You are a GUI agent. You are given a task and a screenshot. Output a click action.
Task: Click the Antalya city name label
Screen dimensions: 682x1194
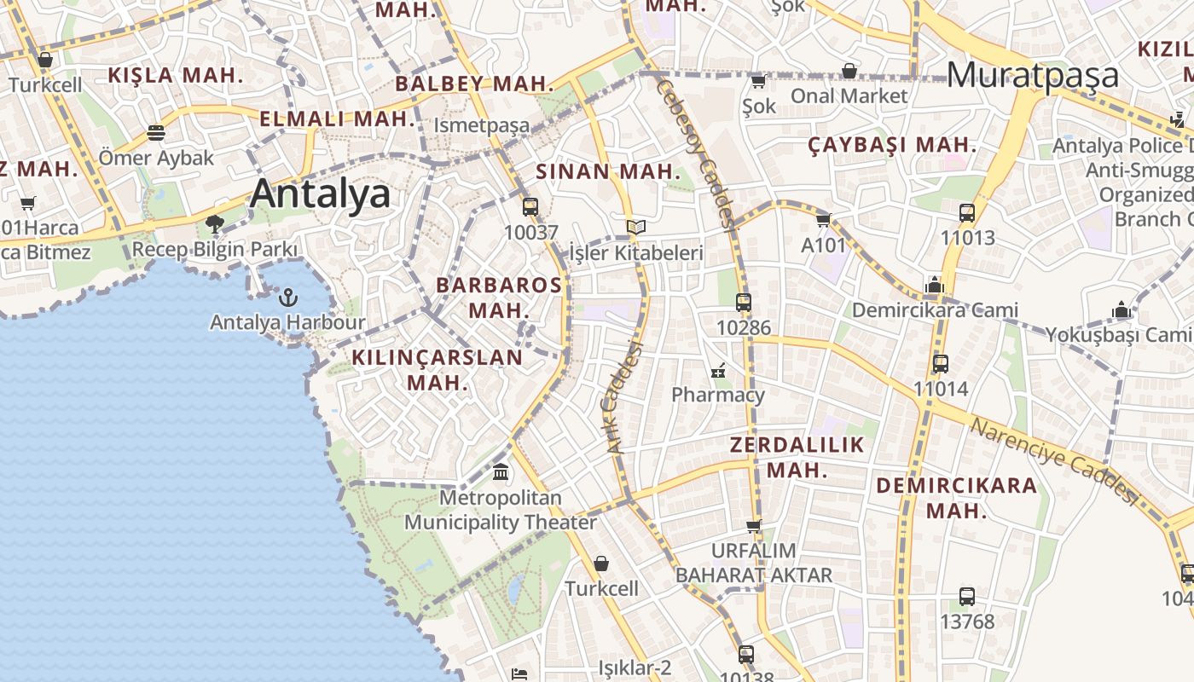[321, 194]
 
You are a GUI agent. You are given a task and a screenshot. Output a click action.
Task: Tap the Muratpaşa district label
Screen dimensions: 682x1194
[1032, 75]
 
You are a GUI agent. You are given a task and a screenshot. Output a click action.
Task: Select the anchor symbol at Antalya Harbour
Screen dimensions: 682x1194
[288, 298]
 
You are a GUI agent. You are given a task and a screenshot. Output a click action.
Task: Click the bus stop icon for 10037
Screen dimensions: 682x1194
[530, 206]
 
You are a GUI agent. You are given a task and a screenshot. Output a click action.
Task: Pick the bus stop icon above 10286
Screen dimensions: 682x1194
[744, 302]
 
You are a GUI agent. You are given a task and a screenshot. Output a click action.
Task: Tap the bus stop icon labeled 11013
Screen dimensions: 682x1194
[967, 213]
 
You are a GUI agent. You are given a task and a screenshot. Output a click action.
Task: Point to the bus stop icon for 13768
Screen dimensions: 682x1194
[967, 597]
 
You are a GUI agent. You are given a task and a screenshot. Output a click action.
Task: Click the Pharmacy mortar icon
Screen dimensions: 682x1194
[718, 371]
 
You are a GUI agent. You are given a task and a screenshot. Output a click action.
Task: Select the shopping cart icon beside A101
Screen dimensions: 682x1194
[823, 220]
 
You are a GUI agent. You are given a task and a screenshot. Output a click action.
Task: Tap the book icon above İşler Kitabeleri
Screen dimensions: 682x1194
[635, 227]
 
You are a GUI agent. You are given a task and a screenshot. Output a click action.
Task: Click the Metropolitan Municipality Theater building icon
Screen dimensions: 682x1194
[501, 471]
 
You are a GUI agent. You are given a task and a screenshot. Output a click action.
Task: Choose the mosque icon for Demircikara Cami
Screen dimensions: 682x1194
[935, 285]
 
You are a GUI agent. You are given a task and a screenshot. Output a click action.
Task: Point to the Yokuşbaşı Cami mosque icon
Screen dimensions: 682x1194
[1122, 310]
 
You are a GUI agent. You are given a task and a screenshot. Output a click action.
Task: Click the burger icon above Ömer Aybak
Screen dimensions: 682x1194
[155, 133]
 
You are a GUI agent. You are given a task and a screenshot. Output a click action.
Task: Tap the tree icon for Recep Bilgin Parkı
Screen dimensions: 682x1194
[215, 224]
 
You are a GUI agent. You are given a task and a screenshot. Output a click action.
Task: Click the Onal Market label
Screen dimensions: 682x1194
[849, 95]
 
